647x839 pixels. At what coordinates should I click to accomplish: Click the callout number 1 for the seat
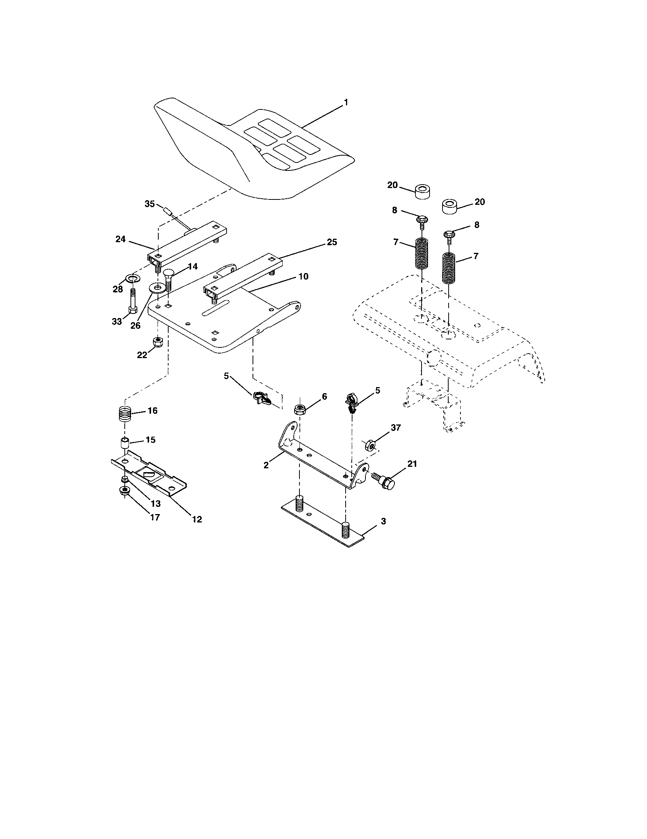click(x=345, y=103)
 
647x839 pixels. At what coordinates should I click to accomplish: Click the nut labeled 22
click(x=157, y=341)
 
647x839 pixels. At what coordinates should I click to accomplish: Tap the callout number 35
click(x=150, y=204)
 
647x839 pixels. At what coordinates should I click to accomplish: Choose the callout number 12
click(x=197, y=519)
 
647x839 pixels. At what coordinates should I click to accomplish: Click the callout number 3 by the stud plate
click(x=383, y=521)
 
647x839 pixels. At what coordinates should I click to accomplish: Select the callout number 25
click(x=332, y=242)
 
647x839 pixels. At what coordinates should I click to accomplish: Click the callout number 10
click(x=304, y=276)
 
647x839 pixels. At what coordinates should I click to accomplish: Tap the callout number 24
click(x=120, y=239)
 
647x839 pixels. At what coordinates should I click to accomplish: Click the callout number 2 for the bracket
click(x=266, y=465)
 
